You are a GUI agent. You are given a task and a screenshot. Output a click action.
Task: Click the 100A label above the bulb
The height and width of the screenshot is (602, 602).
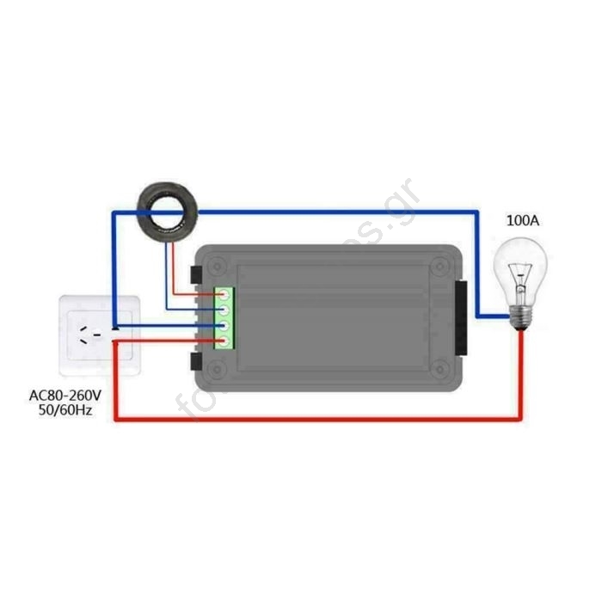point(522,221)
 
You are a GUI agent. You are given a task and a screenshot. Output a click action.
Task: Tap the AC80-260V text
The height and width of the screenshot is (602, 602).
point(65,396)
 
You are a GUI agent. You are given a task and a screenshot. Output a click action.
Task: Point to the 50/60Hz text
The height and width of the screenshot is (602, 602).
point(64,412)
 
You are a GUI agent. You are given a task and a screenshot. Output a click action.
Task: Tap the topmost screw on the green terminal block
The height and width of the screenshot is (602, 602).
point(224,295)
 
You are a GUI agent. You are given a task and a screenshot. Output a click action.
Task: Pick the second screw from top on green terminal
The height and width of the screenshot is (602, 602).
point(224,310)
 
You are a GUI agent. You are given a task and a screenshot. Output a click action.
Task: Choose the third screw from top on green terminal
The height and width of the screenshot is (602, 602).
point(224,326)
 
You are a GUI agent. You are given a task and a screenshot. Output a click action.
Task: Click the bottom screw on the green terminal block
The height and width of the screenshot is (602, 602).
point(224,341)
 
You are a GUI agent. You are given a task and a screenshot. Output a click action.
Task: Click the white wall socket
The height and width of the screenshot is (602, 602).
point(99,335)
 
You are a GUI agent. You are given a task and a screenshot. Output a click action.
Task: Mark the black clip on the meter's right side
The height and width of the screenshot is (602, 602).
point(462,319)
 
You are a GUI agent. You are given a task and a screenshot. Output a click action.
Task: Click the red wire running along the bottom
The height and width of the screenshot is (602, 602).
point(318,419)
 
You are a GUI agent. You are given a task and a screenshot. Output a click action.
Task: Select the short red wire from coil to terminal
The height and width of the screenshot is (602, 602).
point(175,267)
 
